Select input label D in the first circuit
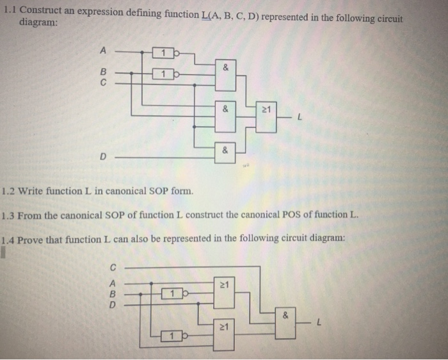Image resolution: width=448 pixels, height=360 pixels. (101, 155)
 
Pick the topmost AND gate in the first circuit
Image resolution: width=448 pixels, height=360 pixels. (225, 70)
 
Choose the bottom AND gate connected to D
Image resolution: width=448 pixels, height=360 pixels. (225, 152)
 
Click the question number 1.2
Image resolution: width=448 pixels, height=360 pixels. (8, 190)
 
